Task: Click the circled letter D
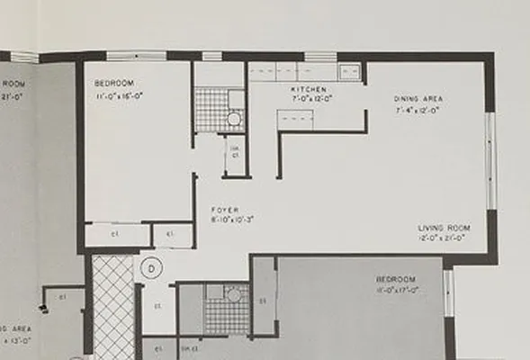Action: point(152,267)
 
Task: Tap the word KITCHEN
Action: point(308,90)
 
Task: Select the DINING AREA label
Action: point(418,98)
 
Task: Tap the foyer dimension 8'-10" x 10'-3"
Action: point(232,219)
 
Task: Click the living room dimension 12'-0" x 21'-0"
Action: point(444,238)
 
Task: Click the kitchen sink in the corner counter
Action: point(349,72)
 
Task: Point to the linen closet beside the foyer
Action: point(234,154)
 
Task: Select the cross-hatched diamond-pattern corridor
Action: point(113,306)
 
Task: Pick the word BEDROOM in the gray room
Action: point(396,279)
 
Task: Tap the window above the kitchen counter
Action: point(320,58)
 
